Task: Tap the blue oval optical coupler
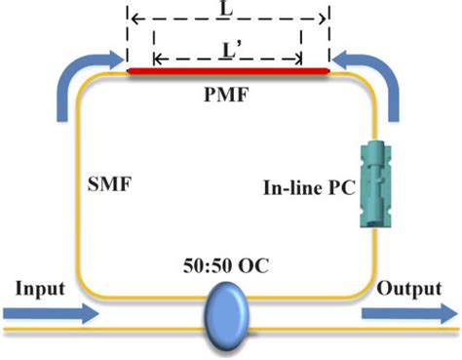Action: click(229, 311)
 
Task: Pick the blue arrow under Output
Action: click(406, 314)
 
